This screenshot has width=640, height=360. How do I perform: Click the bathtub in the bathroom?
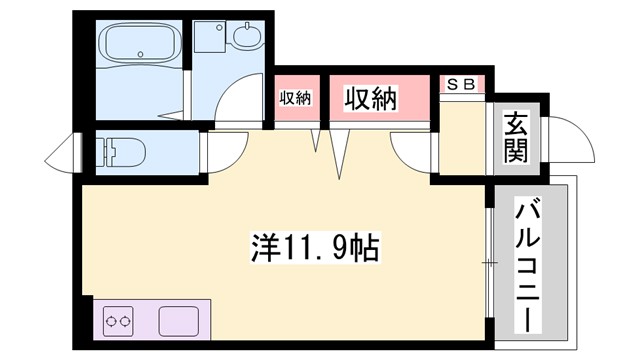pos(140,44)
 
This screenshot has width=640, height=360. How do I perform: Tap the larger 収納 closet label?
pos(371,99)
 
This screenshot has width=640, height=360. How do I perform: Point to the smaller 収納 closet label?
pos(295,99)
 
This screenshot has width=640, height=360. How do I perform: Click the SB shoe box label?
pos(462,85)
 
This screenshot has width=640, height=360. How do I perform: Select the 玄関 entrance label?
pos(516,138)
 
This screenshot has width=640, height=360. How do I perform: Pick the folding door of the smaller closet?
pos(317,141)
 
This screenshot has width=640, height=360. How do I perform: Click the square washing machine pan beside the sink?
pos(213,39)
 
